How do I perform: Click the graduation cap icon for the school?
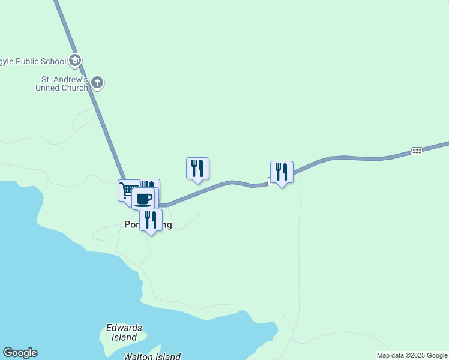75,60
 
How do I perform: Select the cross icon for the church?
97,83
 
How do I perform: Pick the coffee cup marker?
143,199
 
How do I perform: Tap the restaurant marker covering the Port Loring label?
151,220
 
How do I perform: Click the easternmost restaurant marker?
282,172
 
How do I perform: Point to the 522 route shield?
417,151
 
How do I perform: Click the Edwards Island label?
124,332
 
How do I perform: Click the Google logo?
20,353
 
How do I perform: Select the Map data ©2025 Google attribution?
412,355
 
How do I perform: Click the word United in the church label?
55,88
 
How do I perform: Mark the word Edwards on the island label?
124,328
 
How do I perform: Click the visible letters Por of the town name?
131,225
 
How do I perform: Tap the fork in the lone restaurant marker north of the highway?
194,167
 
